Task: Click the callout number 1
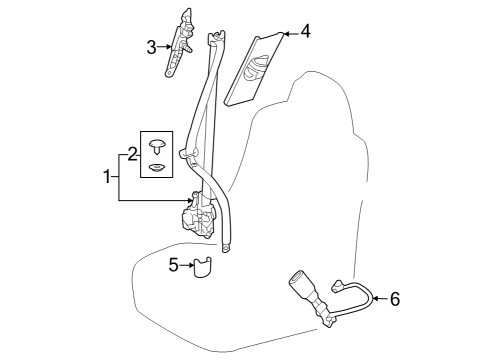coord(106,177)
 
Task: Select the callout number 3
coord(152,46)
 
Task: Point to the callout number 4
coord(305,31)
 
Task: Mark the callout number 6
coord(394,298)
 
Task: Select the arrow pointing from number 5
coord(188,265)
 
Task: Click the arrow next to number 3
coord(168,46)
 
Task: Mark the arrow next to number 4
coord(287,32)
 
